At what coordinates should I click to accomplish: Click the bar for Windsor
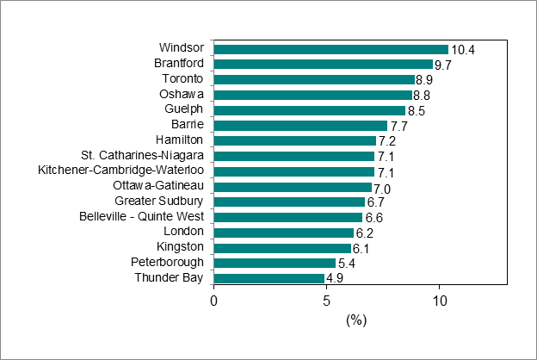[331, 49]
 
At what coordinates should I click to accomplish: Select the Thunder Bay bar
[269, 278]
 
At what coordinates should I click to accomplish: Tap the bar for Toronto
[314, 79]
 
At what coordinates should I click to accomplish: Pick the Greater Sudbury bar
[289, 202]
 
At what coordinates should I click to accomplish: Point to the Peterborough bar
[275, 263]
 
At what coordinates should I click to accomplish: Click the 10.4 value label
[464, 50]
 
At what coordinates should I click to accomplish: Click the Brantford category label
[179, 63]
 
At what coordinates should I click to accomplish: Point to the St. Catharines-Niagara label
[142, 155]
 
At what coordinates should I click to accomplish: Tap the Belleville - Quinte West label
[141, 216]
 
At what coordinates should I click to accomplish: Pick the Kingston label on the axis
[181, 247]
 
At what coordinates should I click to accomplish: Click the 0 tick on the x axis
[214, 301]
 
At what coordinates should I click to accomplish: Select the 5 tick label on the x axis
[327, 301]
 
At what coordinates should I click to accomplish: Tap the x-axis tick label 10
[440, 301]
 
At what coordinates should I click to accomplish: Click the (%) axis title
[356, 320]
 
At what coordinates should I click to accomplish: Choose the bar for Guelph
[310, 110]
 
